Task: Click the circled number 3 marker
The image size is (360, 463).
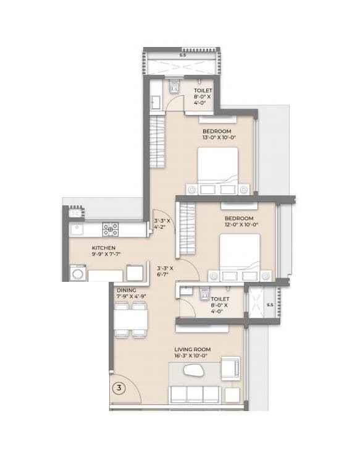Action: [x=118, y=388]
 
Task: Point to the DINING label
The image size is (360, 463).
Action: [x=126, y=289]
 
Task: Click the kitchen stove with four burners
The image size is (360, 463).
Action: [x=111, y=230]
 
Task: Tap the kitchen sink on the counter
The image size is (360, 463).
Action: [x=78, y=230]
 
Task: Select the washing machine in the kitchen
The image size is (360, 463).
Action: [x=78, y=273]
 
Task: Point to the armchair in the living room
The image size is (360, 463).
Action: [x=230, y=368]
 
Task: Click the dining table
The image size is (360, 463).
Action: [x=130, y=318]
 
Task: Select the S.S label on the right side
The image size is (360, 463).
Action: [x=269, y=305]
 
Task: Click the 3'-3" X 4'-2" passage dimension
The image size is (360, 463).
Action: [x=162, y=223]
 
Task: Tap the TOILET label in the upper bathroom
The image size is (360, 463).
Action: [x=203, y=90]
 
